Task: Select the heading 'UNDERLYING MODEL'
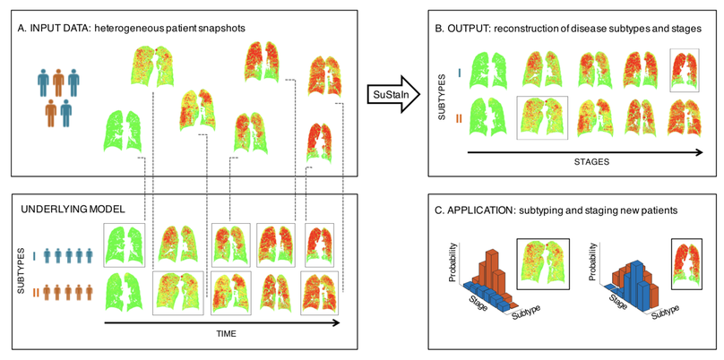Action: pyautogui.click(x=72, y=209)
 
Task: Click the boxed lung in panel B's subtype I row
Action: pyautogui.click(x=685, y=70)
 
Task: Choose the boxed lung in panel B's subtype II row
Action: pyautogui.click(x=541, y=117)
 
